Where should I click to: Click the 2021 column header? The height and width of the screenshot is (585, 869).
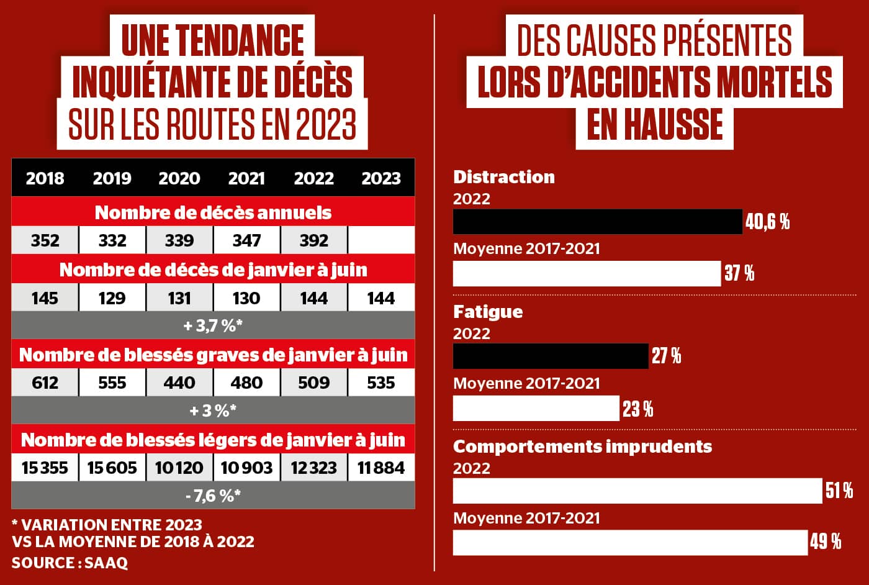coord(246,179)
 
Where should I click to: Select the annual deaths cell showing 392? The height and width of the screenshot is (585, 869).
coord(314,240)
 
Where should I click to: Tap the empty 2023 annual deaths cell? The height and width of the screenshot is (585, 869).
coord(381,240)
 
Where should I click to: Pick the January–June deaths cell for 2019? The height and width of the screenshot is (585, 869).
coord(112,298)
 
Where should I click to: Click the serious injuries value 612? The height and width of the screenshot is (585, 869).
coord(45,383)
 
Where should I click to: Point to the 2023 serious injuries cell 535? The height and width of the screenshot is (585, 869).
coord(381,383)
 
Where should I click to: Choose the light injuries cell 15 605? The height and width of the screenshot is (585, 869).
coord(112,468)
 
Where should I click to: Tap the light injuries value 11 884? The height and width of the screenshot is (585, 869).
coord(381,468)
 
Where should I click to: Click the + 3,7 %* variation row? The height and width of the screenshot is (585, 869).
coord(213,325)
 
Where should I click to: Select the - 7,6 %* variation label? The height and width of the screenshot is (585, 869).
coord(213,496)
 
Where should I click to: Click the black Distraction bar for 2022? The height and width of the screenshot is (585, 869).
coord(597,222)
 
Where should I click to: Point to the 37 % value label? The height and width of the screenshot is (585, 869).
coord(739,273)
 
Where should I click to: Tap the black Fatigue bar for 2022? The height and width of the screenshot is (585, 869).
coord(551,356)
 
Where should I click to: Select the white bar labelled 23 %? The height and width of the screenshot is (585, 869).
coord(536,409)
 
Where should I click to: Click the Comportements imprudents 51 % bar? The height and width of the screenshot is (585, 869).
coord(637,491)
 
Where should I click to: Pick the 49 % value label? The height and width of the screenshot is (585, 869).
coord(826,542)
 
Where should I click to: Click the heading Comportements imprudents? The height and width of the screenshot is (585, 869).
coord(582,447)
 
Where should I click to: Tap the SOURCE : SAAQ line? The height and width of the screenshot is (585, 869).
coord(70,563)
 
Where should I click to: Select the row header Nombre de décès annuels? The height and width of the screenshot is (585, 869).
coord(213,212)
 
